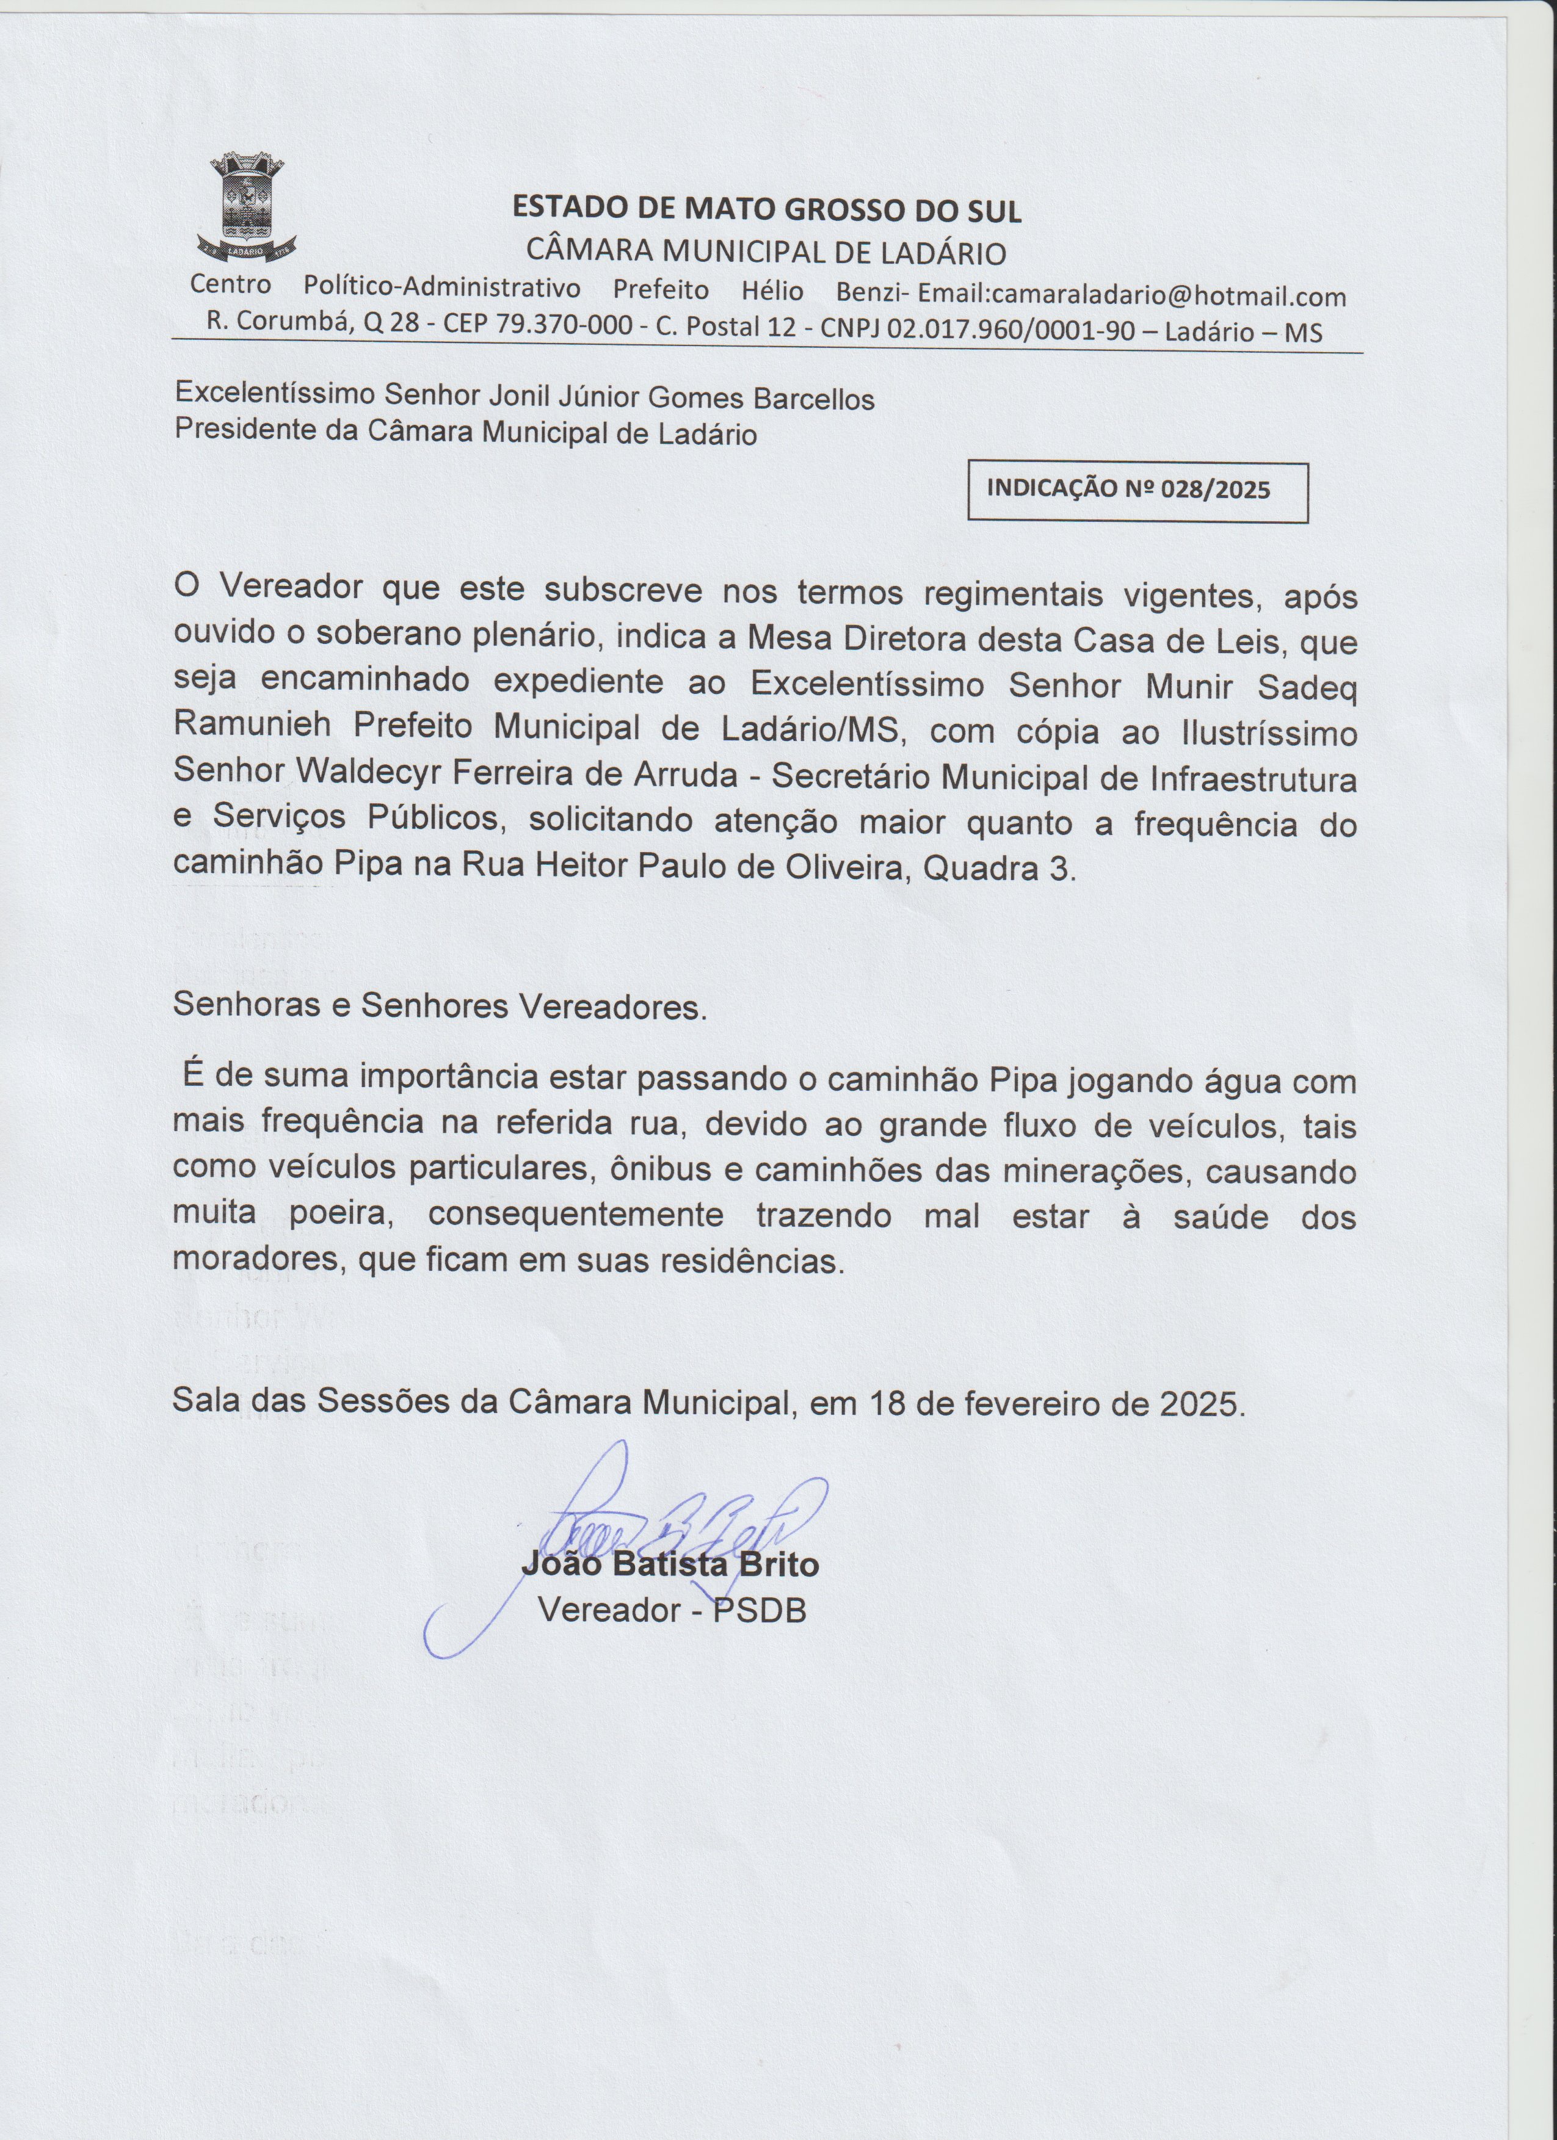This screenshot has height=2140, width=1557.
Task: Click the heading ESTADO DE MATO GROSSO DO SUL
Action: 766,209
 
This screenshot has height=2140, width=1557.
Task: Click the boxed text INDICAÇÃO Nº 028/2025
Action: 1128,489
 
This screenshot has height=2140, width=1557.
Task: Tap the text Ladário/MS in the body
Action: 824,729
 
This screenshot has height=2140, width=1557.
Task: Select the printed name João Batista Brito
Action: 670,1566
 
